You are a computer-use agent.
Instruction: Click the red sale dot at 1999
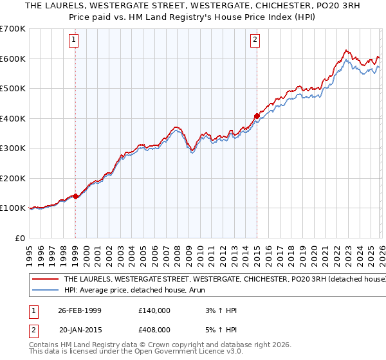pyautogui.click(x=76, y=196)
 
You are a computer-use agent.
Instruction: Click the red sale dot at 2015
pyautogui.click(x=257, y=116)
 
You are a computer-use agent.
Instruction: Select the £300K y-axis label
pyautogui.click(x=13, y=148)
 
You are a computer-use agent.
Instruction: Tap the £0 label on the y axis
pyautogui.click(x=21, y=238)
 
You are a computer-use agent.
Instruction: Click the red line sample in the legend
pyautogui.click(x=45, y=280)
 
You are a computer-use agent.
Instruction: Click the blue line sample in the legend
pyautogui.click(x=45, y=291)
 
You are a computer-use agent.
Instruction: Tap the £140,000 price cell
pyautogui.click(x=154, y=310)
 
